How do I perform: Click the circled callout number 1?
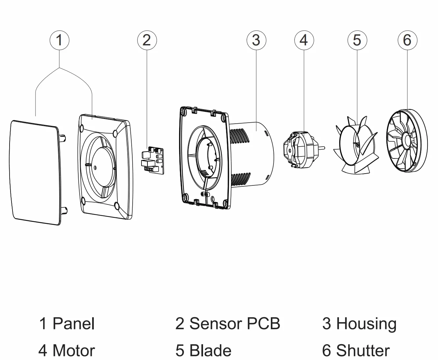[x=59, y=40]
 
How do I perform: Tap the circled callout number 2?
[x=147, y=40]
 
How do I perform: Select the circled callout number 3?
[x=256, y=40]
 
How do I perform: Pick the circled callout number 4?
[x=304, y=40]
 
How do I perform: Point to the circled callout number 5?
[x=357, y=40]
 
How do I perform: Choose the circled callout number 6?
[x=407, y=40]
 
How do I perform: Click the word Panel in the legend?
[x=73, y=324]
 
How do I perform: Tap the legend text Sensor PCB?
[x=235, y=324]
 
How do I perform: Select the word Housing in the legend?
[x=366, y=324]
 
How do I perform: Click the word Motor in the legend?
[x=74, y=351]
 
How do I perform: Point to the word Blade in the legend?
[x=210, y=351]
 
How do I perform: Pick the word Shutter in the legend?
[x=363, y=351]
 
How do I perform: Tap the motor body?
[x=301, y=150]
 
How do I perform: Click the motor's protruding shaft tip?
[x=324, y=148]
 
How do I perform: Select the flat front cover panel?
[x=35, y=173]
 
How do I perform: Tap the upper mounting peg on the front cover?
[x=63, y=137]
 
